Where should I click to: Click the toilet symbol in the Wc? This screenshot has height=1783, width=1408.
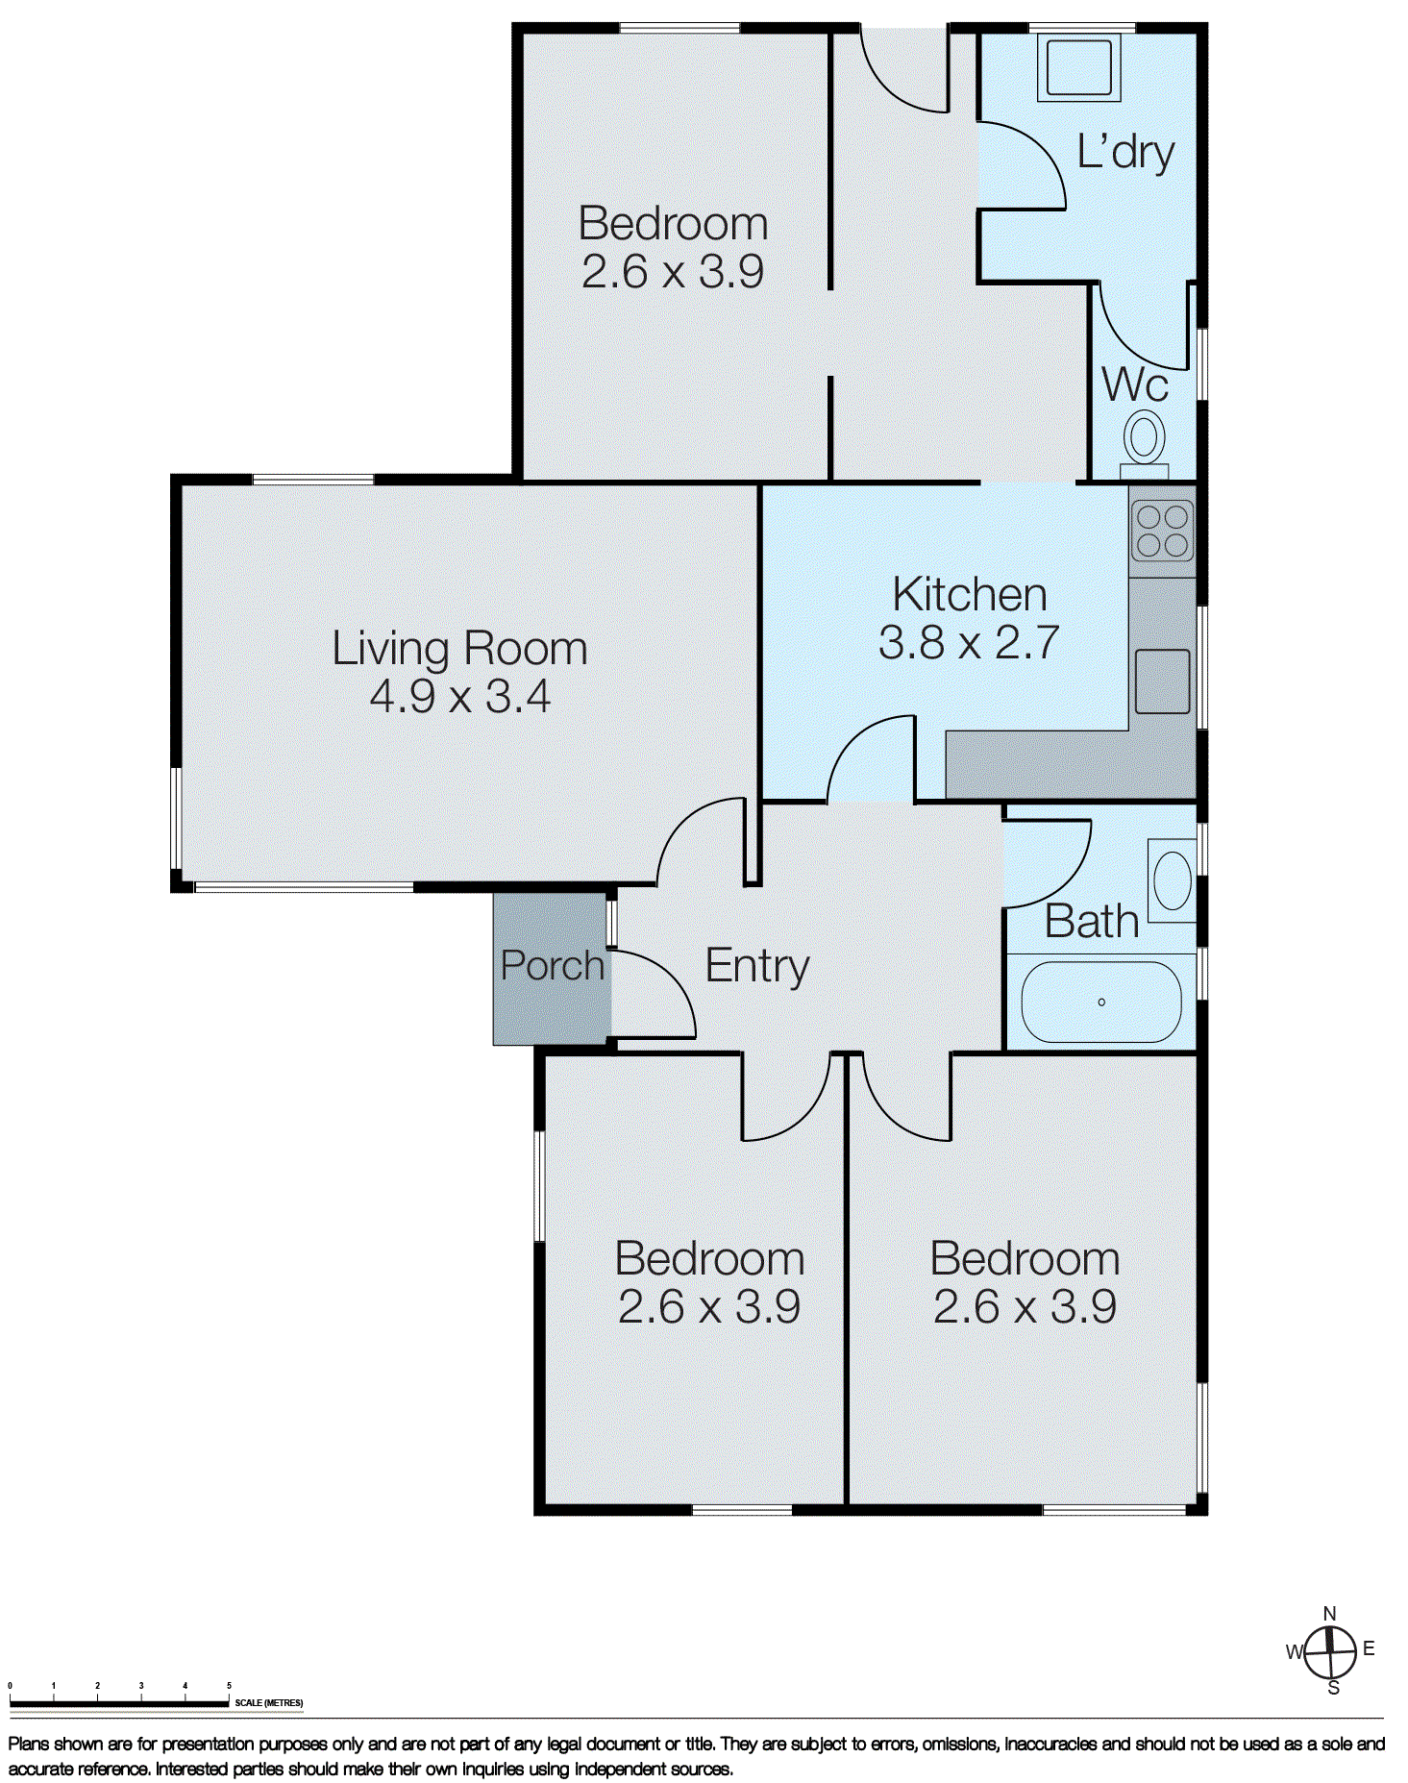coord(1144,438)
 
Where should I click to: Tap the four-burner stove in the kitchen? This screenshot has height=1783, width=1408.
coord(1162,531)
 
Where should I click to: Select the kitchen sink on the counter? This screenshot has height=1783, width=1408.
coord(1162,681)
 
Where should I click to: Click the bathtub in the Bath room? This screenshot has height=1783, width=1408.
coord(1101,1002)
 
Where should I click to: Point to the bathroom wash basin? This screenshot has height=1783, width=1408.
coord(1172,879)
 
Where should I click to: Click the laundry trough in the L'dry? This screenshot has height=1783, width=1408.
coord(1078,67)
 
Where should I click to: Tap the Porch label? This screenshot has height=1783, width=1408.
coord(552,965)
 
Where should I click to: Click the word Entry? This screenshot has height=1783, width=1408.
coord(757,966)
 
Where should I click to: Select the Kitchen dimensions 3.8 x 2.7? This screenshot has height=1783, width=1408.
coord(969,642)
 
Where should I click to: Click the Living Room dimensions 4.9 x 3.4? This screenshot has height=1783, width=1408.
coord(459,696)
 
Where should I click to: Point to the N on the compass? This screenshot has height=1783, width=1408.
coord(1329,1614)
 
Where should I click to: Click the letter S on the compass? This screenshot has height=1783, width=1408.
coord(1333,1688)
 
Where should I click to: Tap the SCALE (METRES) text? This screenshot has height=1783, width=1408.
coord(268,1702)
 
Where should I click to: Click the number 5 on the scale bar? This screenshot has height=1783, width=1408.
coord(229,1685)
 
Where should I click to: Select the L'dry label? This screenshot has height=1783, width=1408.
coord(1125,152)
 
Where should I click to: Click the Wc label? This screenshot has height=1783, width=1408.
coord(1135,384)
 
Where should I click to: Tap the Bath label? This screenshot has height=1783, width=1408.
coord(1091,922)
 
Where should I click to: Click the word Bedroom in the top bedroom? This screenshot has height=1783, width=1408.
coord(673,224)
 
